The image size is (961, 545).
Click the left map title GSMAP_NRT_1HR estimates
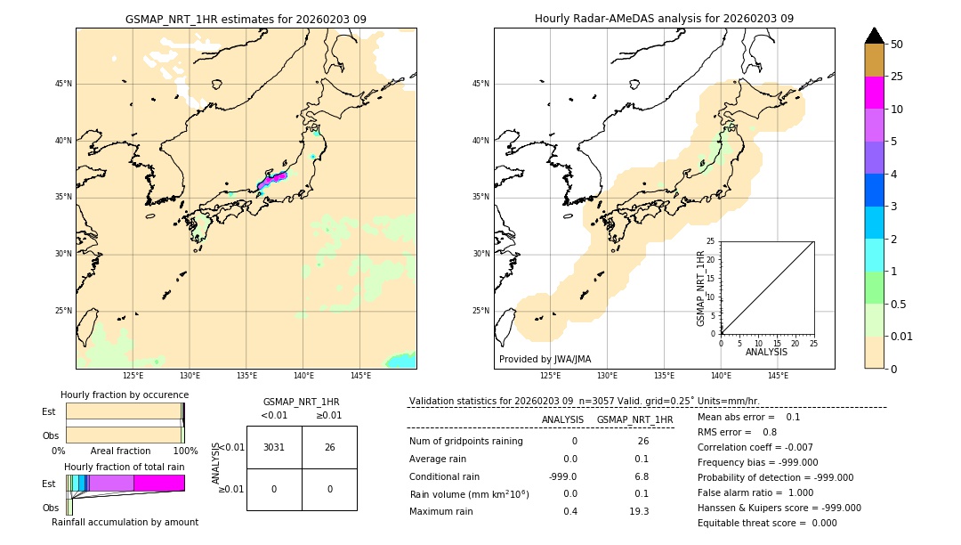click(x=246, y=19)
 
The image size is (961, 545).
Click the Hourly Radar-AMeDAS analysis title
click(x=664, y=19)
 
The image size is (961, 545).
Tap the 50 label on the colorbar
click(x=897, y=45)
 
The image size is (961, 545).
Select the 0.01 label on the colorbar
click(x=902, y=336)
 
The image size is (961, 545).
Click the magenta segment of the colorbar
click(x=874, y=93)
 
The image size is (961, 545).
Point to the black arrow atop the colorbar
click(x=874, y=36)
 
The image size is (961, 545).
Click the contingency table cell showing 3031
click(x=274, y=447)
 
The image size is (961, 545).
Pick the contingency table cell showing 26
click(x=329, y=447)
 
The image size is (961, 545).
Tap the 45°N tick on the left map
click(x=63, y=84)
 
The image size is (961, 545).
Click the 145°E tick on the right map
click(x=778, y=376)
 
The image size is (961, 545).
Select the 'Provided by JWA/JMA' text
click(x=545, y=359)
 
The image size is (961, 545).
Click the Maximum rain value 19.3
click(x=639, y=511)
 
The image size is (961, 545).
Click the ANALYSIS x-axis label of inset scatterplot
click(x=767, y=352)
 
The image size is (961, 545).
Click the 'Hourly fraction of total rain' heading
click(x=125, y=467)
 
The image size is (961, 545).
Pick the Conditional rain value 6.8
click(x=641, y=476)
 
